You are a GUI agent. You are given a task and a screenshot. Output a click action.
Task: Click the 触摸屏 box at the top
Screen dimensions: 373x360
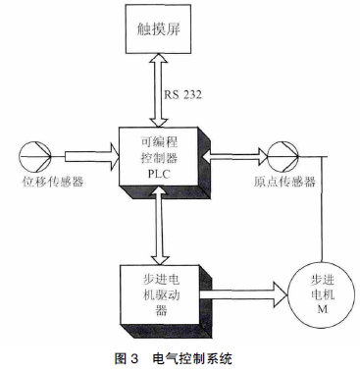point(161,31)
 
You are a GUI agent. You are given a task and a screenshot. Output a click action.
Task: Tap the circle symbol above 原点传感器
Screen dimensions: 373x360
point(280,154)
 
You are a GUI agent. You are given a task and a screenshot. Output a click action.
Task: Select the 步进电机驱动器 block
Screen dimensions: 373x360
point(160,291)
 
